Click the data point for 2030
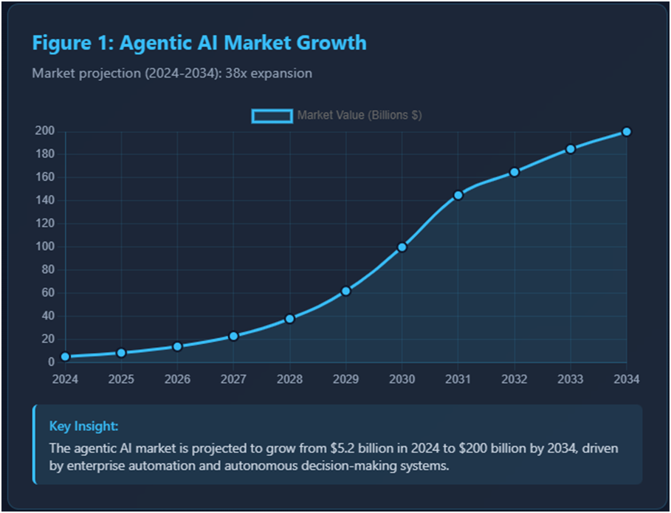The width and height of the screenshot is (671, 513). point(402,247)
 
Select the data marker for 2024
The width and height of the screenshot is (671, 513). point(65,357)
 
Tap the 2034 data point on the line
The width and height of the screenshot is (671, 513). point(627,131)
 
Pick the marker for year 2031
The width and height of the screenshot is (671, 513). point(458,195)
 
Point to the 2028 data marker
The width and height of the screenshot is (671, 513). point(290,319)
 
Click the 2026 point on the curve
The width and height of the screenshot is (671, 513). point(177,346)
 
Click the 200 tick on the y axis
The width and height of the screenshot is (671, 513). point(45,131)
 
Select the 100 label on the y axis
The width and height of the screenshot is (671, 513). point(45,247)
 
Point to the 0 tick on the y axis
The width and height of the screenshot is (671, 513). point(51,362)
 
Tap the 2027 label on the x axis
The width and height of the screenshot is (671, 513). point(233,379)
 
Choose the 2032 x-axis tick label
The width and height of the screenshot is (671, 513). point(515,379)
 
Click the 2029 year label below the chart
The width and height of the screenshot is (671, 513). point(345,379)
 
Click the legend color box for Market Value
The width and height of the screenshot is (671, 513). point(272,116)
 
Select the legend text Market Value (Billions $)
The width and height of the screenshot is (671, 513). point(359,116)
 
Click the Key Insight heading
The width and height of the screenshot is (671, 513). point(83,426)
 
